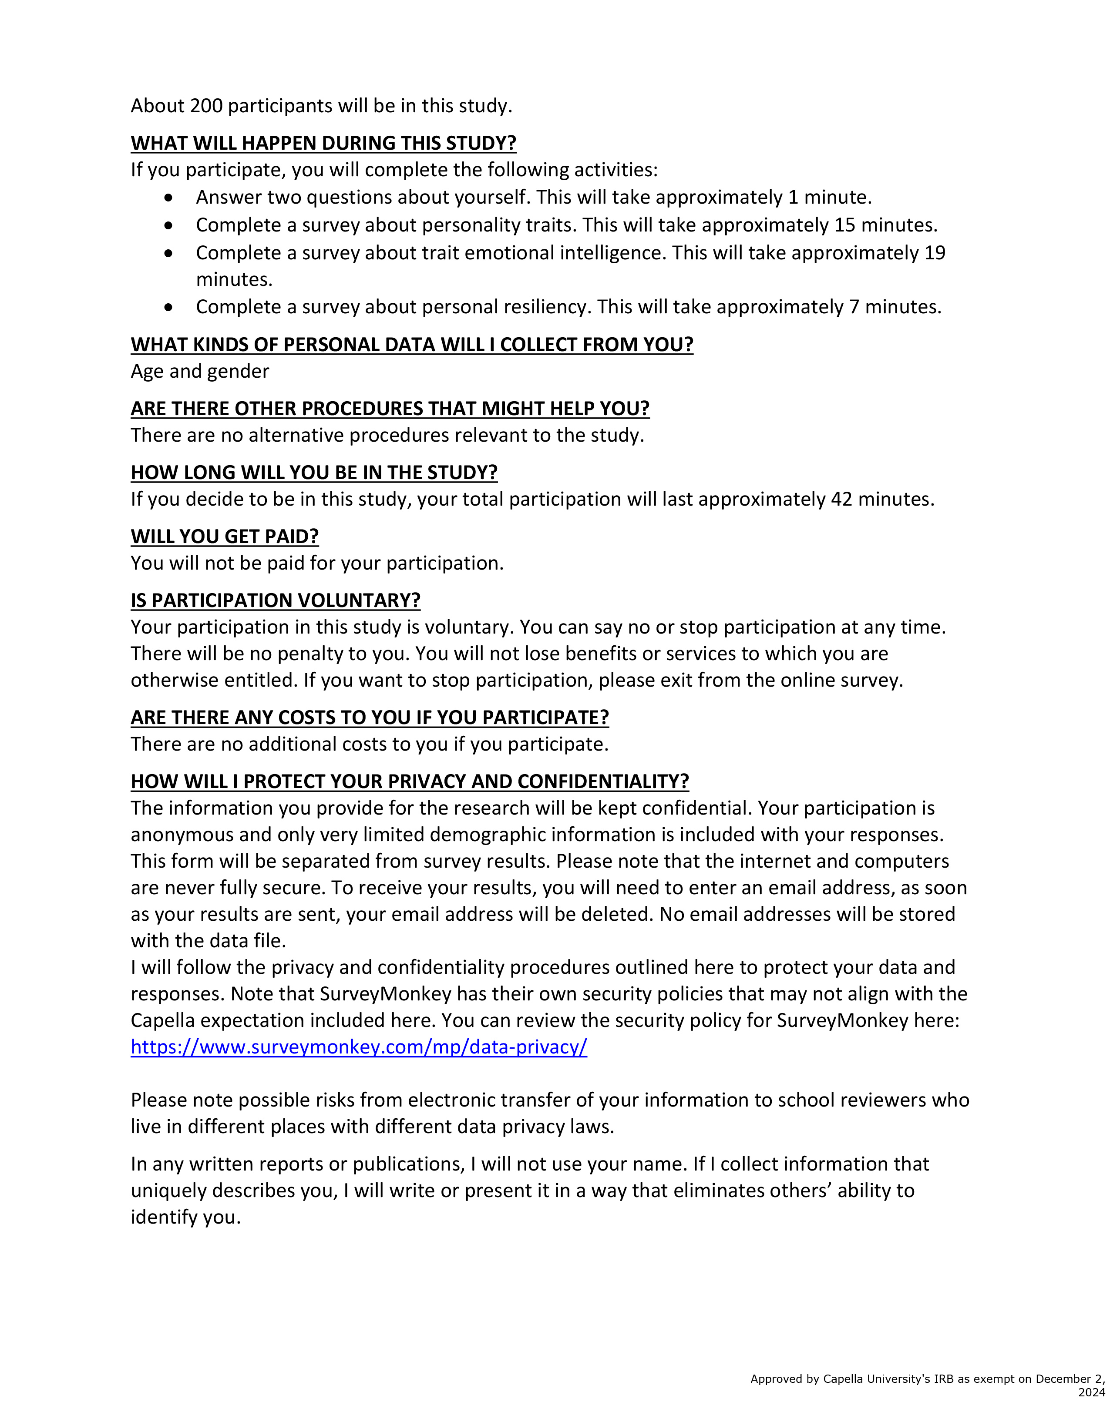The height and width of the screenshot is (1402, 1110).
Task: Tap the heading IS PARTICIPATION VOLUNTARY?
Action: coord(276,600)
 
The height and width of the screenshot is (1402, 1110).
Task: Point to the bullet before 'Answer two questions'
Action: coord(169,198)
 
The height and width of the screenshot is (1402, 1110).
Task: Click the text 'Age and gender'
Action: coord(199,371)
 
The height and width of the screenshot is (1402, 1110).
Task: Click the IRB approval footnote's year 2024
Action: coord(1091,1392)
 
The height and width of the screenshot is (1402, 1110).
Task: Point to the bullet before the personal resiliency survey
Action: coord(169,307)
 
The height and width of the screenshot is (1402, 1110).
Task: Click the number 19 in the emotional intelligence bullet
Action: coord(935,253)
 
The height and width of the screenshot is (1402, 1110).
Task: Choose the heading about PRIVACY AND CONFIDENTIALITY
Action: coord(410,781)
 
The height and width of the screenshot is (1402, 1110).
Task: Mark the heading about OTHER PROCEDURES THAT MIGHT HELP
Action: coord(390,409)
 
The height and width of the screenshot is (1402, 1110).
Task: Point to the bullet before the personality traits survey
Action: coord(169,225)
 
